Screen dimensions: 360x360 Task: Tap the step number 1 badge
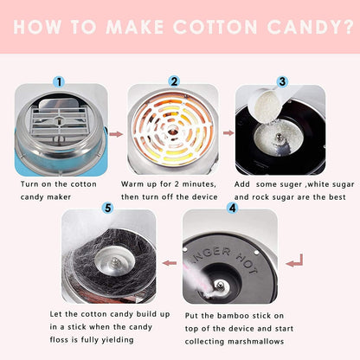pos(59,81)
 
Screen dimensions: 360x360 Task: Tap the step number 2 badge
pos(174,81)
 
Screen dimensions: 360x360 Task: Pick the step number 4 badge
pos(232,208)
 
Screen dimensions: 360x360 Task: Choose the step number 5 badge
pos(106,208)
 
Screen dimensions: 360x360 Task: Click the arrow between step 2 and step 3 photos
pos(228,134)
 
